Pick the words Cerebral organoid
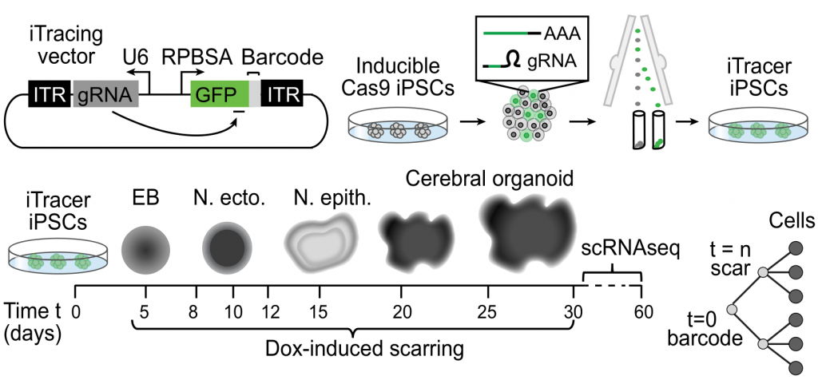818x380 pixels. pos(490,177)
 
